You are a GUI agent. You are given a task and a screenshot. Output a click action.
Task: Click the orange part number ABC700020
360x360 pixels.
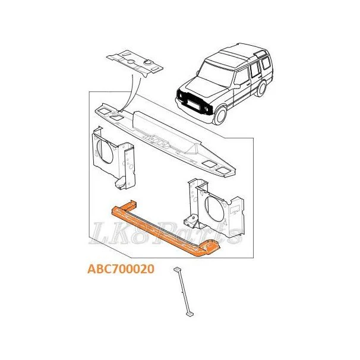(121, 269)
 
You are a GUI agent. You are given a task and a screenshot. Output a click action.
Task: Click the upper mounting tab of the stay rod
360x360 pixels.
(177, 269)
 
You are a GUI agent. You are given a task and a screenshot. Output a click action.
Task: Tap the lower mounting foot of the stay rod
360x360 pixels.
(190, 314)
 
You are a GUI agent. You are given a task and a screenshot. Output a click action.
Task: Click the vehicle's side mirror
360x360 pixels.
(236, 86)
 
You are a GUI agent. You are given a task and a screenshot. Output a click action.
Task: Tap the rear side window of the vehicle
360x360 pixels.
(266, 63)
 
